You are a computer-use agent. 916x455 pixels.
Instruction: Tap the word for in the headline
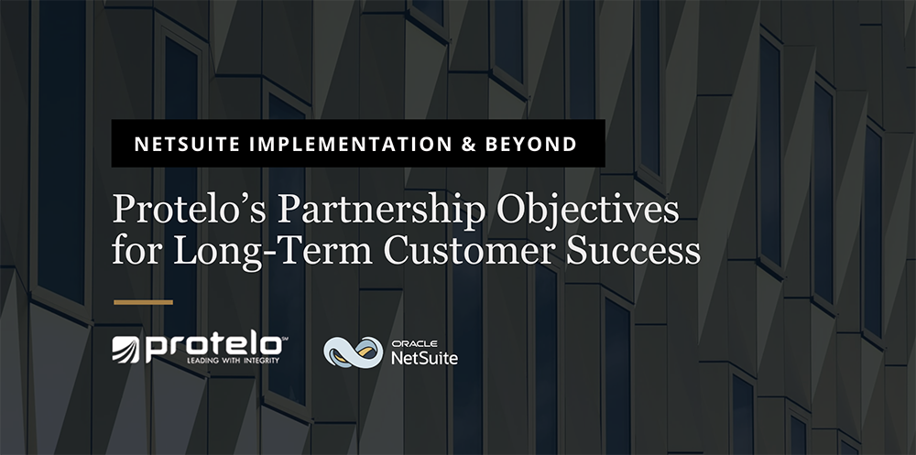[131, 251]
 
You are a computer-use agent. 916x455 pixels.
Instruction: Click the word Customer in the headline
[455, 251]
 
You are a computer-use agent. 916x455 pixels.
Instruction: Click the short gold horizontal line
[142, 300]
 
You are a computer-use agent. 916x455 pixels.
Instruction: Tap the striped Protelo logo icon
[127, 349]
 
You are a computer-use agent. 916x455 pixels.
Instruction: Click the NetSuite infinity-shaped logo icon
[353, 352]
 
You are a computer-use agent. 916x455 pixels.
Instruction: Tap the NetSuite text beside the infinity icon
[424, 357]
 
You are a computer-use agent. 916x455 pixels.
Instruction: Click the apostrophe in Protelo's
[219, 200]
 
